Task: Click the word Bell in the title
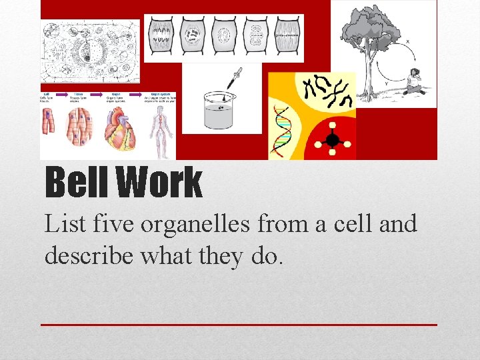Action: (77, 182)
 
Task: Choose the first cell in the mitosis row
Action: (161, 34)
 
